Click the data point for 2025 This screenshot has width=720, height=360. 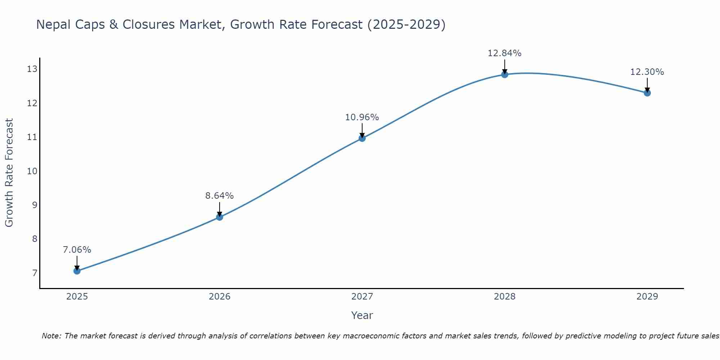(77, 271)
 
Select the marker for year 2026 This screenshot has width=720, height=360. (220, 217)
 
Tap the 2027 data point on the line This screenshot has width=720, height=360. (362, 138)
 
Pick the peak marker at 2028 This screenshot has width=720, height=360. (505, 75)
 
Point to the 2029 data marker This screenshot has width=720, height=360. (647, 93)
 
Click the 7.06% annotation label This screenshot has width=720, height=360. (77, 250)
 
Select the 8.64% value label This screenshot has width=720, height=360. (220, 196)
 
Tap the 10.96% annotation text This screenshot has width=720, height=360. (362, 117)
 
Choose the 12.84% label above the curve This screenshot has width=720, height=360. (505, 53)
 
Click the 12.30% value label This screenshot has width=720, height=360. (647, 72)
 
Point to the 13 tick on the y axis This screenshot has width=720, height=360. (32, 69)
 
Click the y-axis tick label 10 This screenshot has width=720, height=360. (32, 171)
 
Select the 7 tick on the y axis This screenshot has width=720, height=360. (35, 273)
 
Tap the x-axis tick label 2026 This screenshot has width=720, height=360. (220, 297)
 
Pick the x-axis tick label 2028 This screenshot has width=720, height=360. (505, 297)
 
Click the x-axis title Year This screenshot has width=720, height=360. (362, 315)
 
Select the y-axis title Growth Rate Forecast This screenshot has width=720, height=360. (9, 173)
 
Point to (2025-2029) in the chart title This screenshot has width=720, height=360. (406, 25)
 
